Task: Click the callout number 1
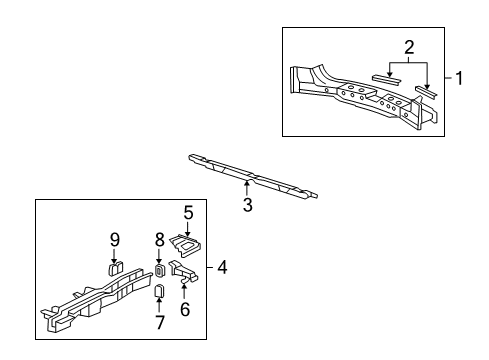point(459,78)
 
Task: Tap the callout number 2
point(409,47)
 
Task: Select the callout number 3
point(247,205)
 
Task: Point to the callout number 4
point(222,267)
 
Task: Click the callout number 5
point(188,213)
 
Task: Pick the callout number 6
point(185,309)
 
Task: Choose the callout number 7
point(160,322)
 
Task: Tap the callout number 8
point(160,239)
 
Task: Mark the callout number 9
point(115,239)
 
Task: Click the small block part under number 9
point(115,269)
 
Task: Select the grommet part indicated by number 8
point(160,270)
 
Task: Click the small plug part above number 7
point(159,290)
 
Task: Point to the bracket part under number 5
point(186,246)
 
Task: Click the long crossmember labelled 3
point(253,176)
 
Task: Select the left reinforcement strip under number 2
point(386,80)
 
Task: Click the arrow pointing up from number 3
point(247,188)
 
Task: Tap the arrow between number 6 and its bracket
point(184,291)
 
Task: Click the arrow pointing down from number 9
point(115,256)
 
